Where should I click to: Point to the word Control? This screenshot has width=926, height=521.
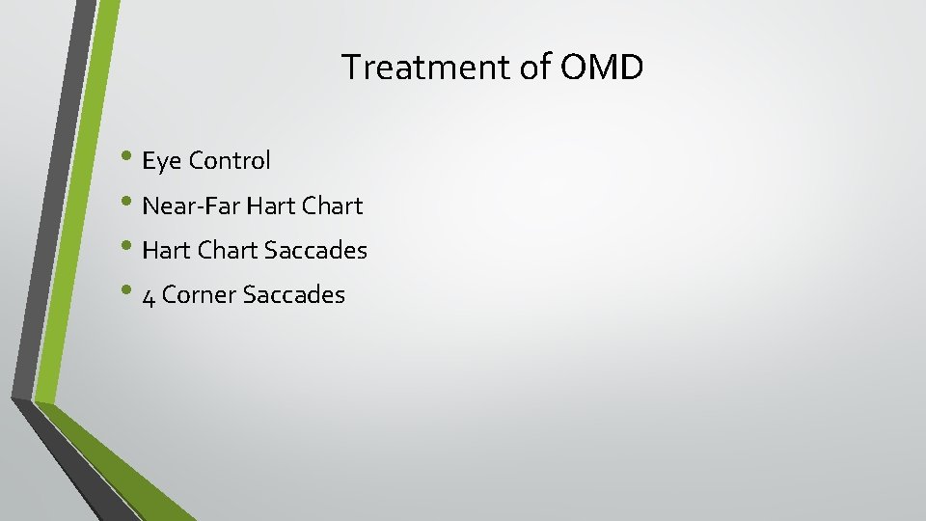pos(230,160)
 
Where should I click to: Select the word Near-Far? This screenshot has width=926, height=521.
pos(191,206)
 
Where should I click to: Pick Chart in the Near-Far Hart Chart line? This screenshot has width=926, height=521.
pos(334,206)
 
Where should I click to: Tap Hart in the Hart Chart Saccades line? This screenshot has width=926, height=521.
pos(166,250)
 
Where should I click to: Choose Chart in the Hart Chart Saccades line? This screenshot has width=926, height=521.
pos(227,250)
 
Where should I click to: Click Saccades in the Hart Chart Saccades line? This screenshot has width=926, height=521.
pos(315,250)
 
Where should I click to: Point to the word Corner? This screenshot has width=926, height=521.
pos(200,295)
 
